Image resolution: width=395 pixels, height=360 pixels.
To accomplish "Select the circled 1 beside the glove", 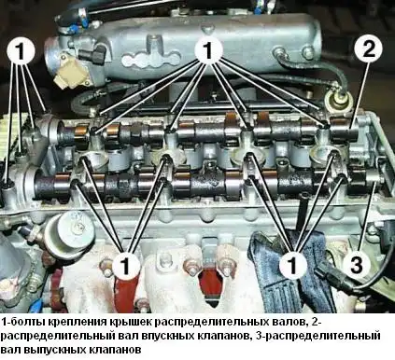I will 295,263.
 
